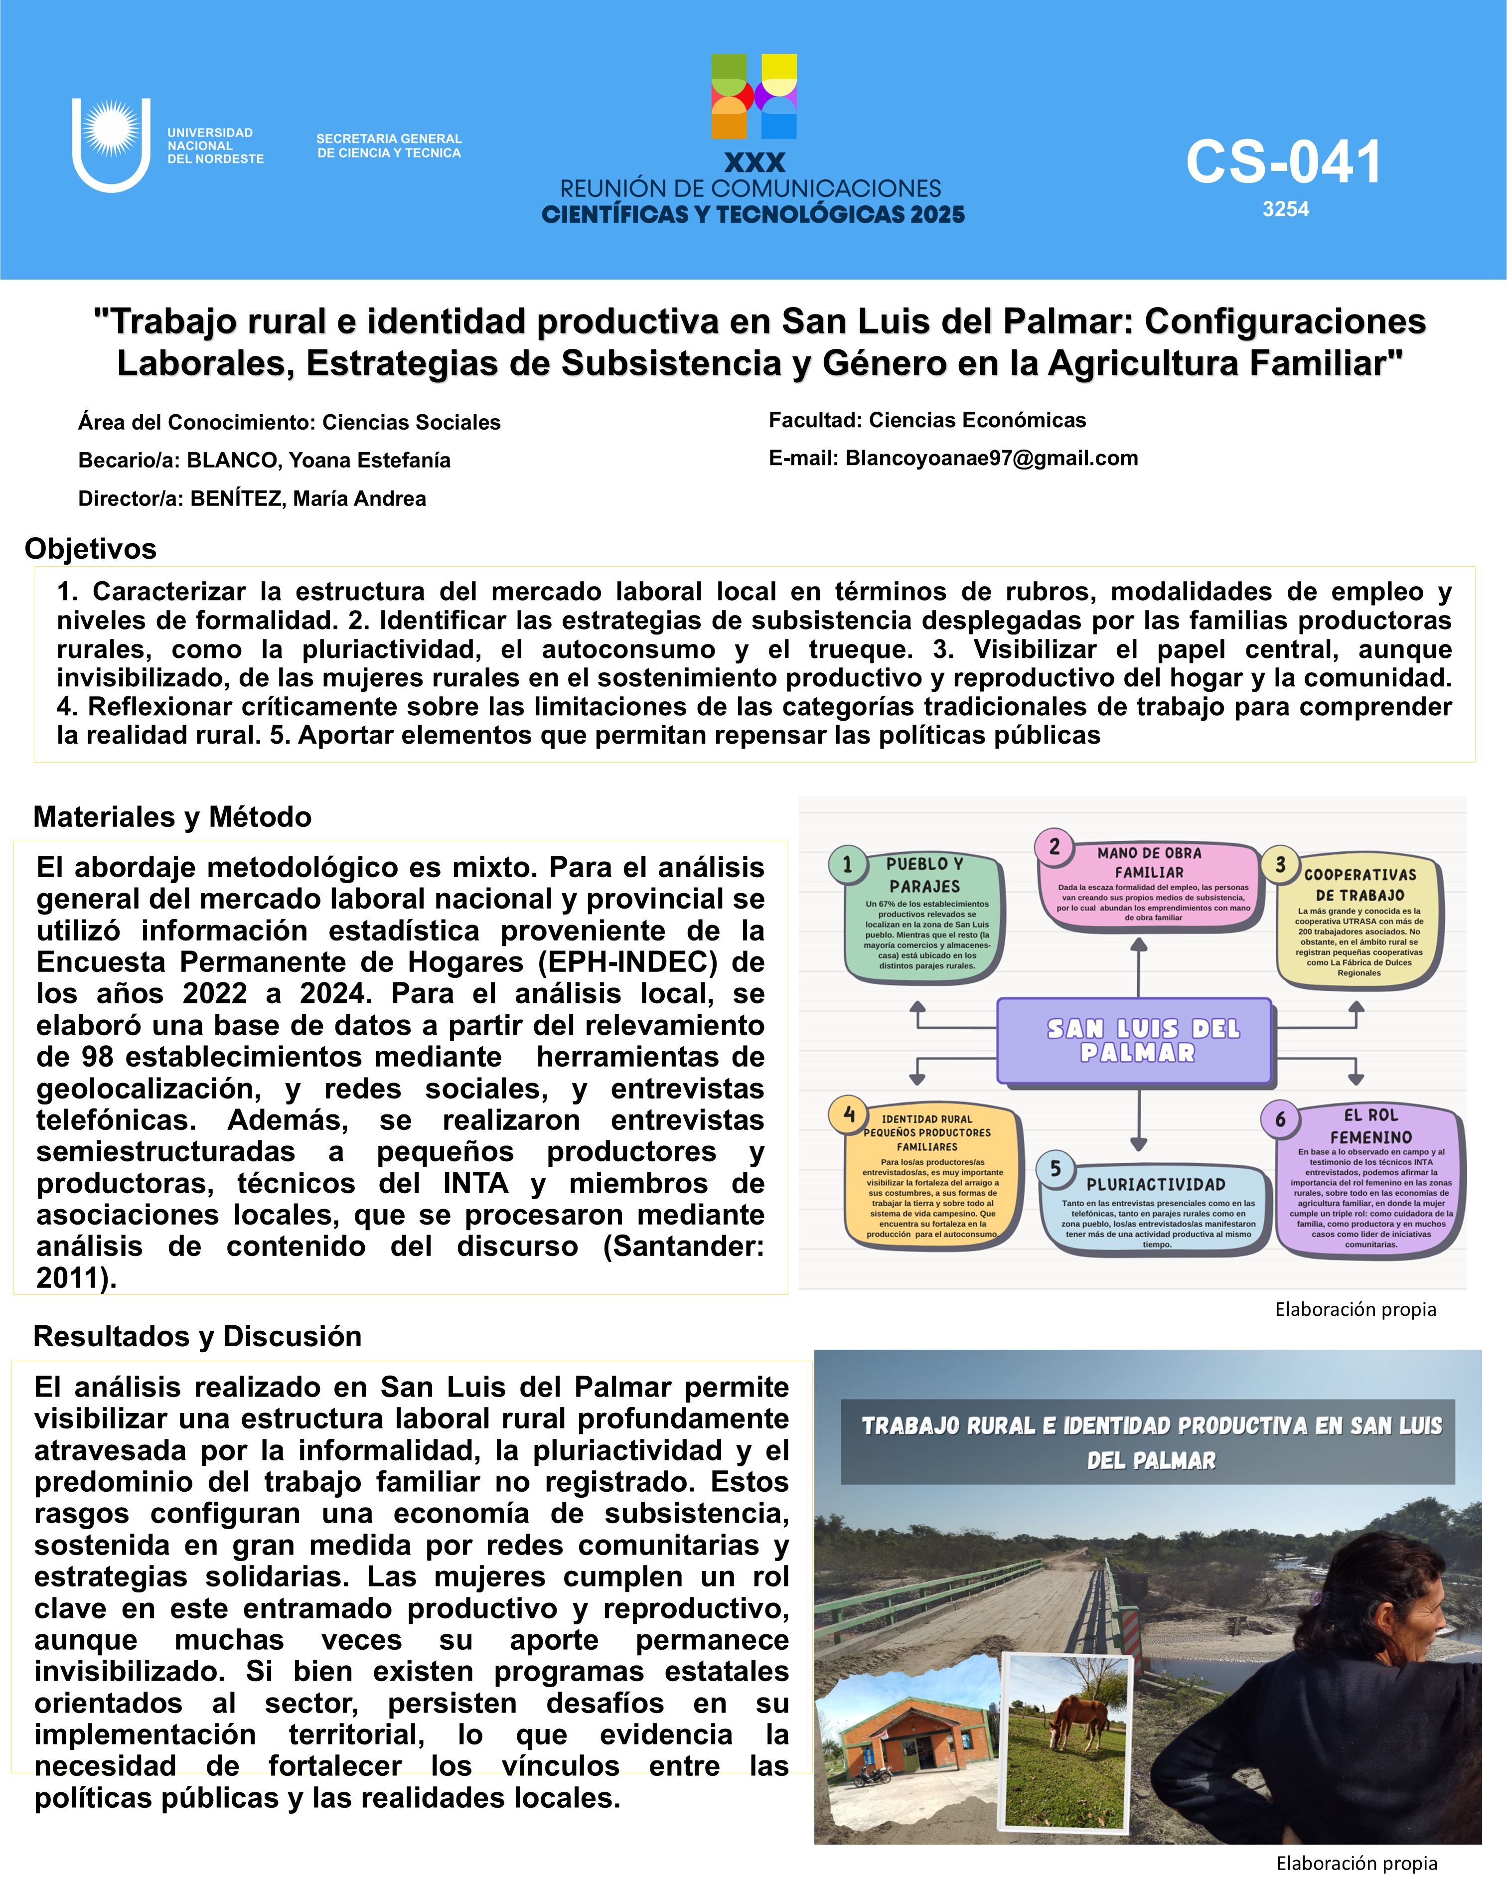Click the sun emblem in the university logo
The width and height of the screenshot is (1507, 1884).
coord(111,129)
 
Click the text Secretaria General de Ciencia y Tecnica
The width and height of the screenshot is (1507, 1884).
coord(389,146)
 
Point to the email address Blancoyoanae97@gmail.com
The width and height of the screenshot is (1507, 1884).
coord(992,459)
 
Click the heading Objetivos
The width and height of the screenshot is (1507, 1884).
coord(91,549)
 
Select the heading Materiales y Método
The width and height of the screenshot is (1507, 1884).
coord(172,817)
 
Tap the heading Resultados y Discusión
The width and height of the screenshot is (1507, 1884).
coord(197,1336)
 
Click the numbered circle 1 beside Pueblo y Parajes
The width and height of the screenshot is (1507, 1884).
coord(847,864)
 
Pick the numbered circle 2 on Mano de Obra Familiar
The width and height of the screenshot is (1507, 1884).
coord(1055,846)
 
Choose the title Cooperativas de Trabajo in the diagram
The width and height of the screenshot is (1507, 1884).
coord(1359,884)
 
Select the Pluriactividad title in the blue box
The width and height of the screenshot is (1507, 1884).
coord(1155,1185)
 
